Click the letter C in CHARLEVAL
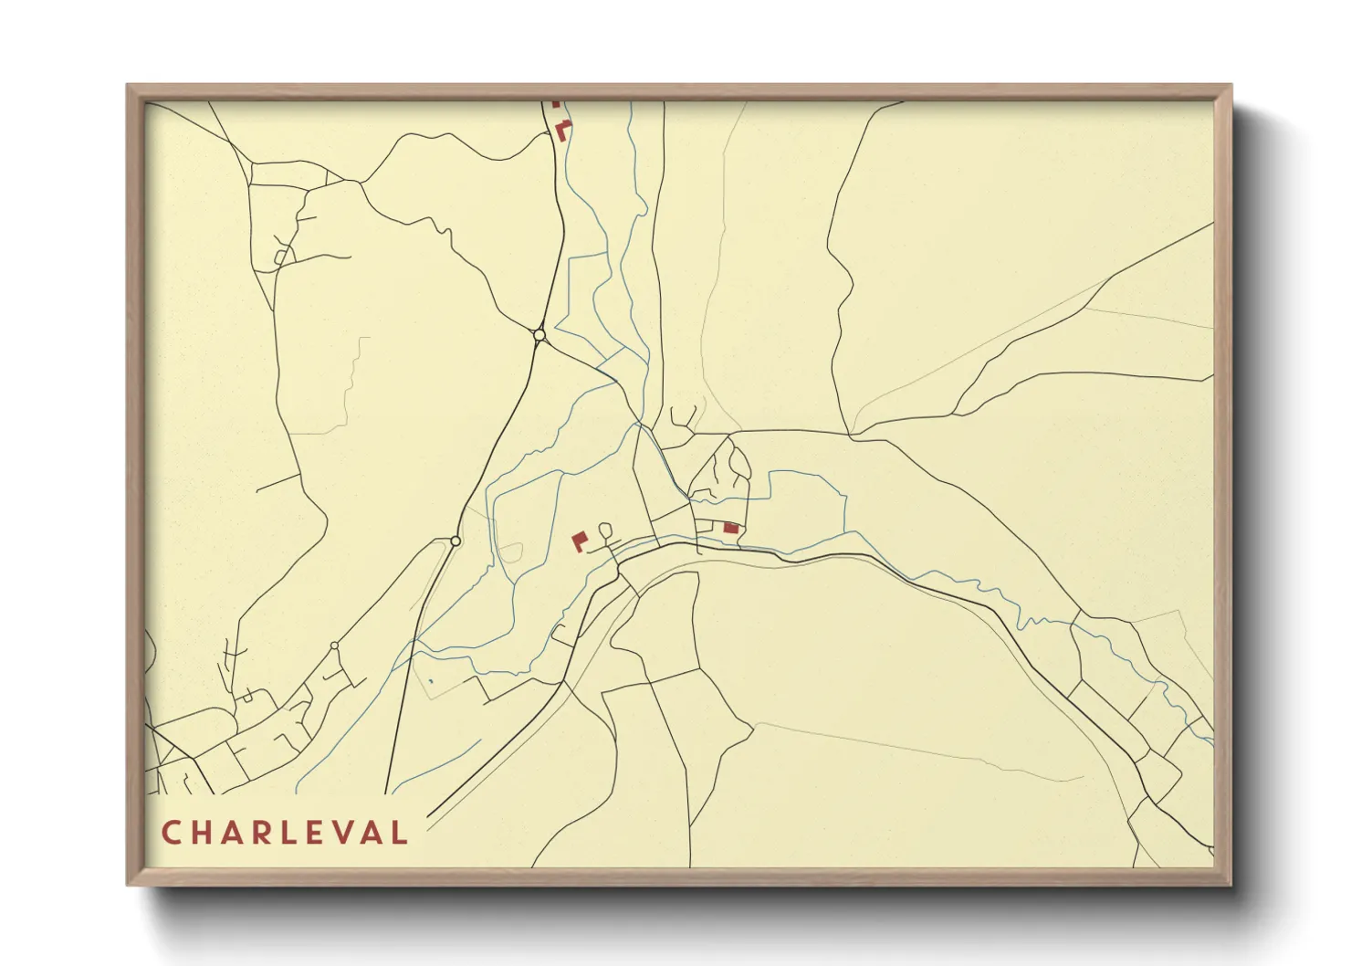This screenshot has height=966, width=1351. click(171, 833)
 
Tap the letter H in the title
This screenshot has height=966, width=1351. click(203, 833)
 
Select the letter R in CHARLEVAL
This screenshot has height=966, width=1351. click(265, 833)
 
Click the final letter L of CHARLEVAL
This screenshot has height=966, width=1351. click(399, 833)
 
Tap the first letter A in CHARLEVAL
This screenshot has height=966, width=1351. click(234, 833)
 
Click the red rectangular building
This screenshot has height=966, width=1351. click(730, 527)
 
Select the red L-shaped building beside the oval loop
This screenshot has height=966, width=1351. click(579, 541)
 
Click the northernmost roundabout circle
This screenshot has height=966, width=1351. click(539, 336)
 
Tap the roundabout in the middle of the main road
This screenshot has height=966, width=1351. click(456, 541)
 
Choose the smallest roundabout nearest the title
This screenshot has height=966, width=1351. click(334, 646)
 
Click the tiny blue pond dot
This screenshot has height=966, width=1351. click(430, 680)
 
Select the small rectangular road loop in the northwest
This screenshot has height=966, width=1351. click(282, 256)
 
